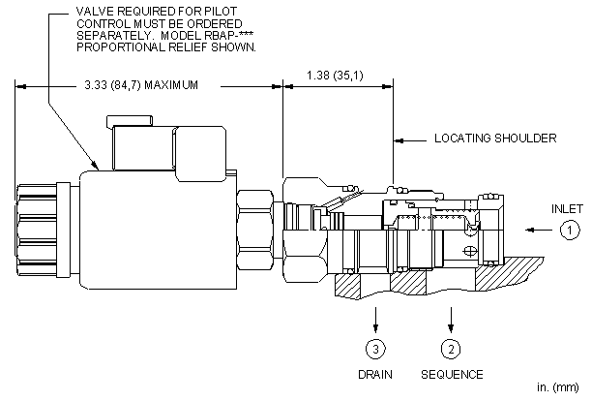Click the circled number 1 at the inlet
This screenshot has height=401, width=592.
[571, 230]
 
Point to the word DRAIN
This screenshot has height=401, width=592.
[374, 374]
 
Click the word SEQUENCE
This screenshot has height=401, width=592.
[452, 374]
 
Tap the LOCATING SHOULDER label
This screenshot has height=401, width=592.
[495, 139]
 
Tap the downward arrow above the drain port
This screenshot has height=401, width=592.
[374, 323]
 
